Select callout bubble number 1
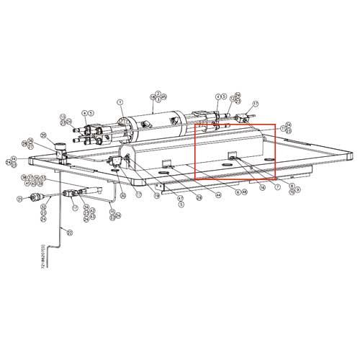point(120,103)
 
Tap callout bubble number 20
point(44,135)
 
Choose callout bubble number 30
point(122,194)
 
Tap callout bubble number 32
point(43,207)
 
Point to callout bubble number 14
point(13,158)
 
